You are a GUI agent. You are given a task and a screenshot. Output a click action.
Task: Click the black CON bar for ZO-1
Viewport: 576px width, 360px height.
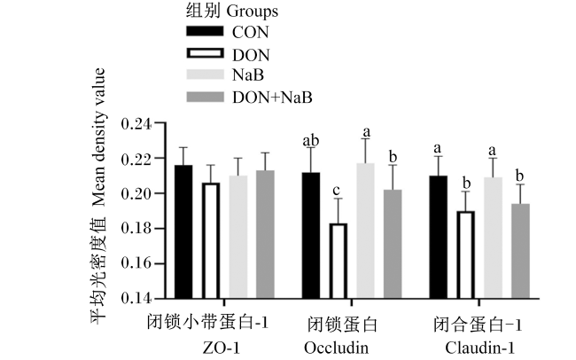(x=183, y=231)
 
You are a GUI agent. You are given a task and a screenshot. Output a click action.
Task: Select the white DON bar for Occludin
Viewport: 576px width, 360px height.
(x=338, y=261)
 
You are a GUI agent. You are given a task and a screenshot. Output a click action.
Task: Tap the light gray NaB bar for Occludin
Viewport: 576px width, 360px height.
(x=365, y=231)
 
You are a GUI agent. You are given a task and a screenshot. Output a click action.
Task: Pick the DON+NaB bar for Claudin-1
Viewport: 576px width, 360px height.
(x=520, y=251)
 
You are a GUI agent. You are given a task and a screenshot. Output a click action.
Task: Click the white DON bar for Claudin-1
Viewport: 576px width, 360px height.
(x=466, y=254)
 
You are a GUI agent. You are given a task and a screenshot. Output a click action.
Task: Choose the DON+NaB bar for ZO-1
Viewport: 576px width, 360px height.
(x=265, y=234)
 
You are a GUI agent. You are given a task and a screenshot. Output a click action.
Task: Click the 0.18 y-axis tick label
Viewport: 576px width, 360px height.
(x=136, y=229)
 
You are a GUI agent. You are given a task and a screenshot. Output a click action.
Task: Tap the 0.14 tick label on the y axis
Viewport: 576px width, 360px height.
(x=136, y=298)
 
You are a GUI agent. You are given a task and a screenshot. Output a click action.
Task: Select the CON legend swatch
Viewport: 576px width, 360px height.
(x=205, y=31)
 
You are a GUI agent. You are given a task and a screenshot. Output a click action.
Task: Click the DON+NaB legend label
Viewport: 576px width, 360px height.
(x=272, y=98)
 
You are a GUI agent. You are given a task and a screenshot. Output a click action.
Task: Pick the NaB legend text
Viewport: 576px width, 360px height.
(x=248, y=75)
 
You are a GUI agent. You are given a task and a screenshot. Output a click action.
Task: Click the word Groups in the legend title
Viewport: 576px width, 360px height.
(x=252, y=12)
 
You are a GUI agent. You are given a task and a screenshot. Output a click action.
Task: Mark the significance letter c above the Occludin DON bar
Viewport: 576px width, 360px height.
(x=336, y=191)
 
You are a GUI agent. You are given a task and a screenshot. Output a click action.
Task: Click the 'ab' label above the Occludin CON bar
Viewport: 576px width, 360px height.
(x=311, y=140)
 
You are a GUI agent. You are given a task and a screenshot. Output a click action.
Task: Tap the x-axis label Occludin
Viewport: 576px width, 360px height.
(x=336, y=348)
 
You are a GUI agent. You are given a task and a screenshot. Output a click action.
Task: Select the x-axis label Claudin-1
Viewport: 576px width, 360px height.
(x=479, y=348)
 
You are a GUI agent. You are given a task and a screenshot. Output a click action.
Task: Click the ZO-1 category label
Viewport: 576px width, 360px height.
(x=222, y=348)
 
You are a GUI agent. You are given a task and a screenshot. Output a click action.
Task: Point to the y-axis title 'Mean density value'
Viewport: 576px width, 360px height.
(x=98, y=137)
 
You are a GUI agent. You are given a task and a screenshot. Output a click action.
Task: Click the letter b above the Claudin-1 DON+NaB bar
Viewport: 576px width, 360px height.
(x=519, y=176)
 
